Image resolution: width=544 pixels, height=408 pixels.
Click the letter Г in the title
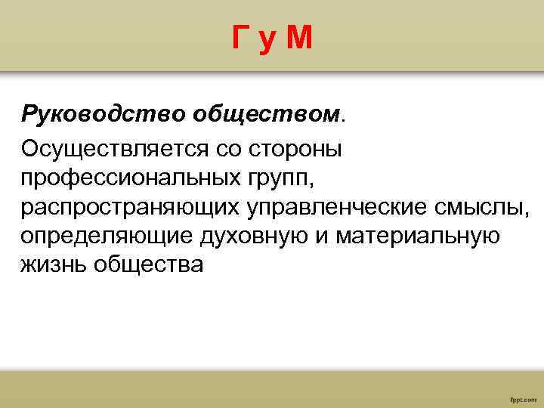(240, 38)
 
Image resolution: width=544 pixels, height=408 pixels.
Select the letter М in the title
(299, 38)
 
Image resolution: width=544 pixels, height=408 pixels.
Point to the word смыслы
(479, 207)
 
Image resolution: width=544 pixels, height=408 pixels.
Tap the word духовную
(257, 236)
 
